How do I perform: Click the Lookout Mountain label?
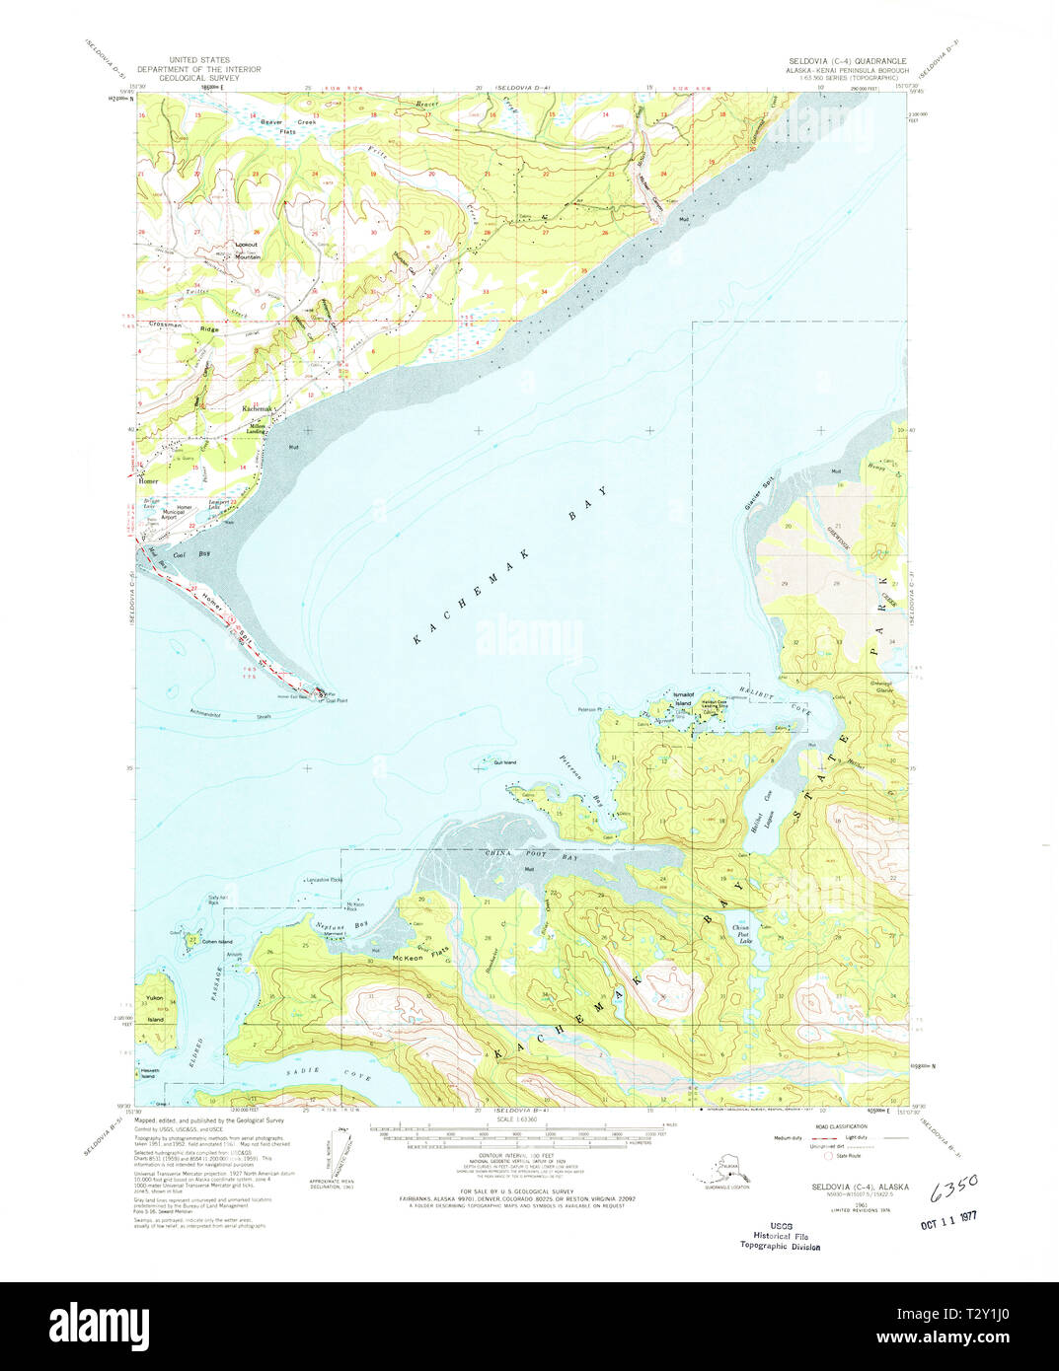click(x=247, y=251)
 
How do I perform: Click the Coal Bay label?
click(x=192, y=555)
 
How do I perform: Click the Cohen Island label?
click(x=216, y=942)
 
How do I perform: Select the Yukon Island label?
click(x=155, y=1008)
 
